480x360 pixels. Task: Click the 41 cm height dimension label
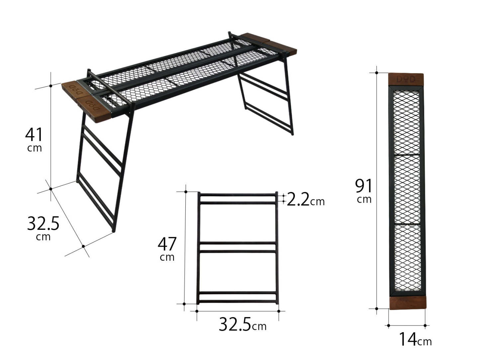coord(34,139)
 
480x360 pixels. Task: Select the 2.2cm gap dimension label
coord(305,200)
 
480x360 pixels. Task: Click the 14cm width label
coord(415,339)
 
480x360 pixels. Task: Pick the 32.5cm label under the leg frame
coord(242,324)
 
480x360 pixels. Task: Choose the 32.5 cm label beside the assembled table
coord(43,227)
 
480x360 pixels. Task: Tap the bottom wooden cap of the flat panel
coord(407,302)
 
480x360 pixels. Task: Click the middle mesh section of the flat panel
coord(407,189)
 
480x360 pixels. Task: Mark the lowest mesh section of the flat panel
coord(407,257)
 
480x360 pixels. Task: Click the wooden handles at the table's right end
coord(270,44)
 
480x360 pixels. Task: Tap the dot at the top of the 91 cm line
coord(377,72)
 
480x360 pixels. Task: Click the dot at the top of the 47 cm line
coord(186,192)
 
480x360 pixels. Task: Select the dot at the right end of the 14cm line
coord(426,325)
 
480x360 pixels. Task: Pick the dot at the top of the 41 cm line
coord(50,86)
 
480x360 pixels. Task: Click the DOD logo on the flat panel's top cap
coord(406,79)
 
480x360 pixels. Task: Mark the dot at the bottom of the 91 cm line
coord(377,309)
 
